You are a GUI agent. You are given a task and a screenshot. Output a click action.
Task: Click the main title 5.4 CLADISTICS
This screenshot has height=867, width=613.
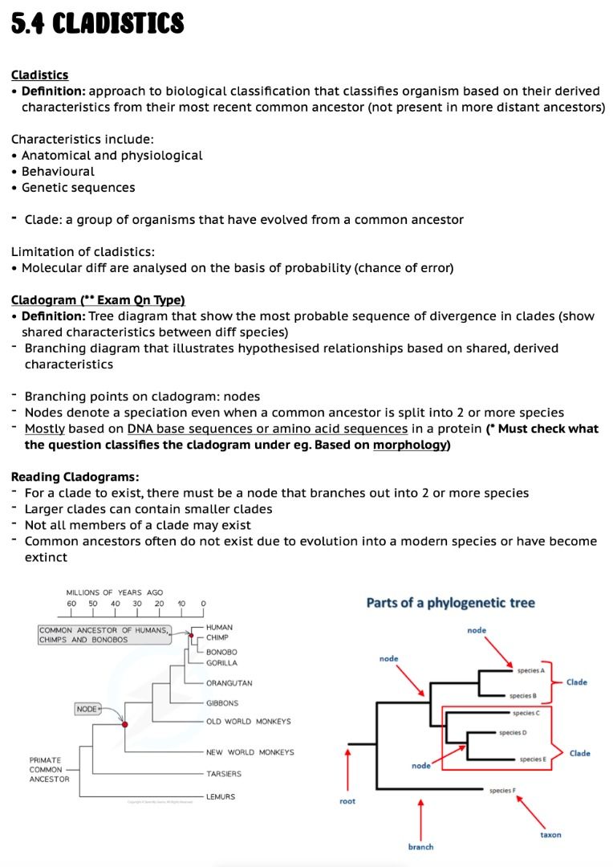[97, 24]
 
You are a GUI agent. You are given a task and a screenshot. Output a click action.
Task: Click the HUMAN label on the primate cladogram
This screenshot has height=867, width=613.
[220, 627]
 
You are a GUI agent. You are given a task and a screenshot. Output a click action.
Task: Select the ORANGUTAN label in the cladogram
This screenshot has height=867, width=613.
[229, 683]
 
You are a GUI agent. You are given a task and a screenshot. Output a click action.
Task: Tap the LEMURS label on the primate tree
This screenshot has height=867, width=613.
[221, 796]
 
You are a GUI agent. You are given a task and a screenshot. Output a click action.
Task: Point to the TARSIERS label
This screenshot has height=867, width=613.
[224, 774]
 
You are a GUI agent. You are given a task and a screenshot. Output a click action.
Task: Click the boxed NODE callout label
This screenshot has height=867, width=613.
[87, 710]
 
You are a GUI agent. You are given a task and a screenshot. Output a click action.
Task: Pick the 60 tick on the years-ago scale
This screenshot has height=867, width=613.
[71, 603]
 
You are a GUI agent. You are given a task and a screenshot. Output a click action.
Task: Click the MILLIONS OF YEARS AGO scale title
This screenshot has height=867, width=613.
[115, 592]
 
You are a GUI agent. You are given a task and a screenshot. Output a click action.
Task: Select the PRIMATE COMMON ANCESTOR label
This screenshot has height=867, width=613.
[50, 769]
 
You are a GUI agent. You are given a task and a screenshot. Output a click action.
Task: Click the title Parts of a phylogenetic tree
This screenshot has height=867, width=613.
[450, 603]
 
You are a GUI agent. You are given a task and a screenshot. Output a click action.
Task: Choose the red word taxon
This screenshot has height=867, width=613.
[550, 835]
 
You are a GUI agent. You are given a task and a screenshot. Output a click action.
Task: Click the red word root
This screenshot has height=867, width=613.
[347, 801]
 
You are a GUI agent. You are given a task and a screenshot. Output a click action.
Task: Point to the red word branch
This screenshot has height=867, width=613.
[420, 847]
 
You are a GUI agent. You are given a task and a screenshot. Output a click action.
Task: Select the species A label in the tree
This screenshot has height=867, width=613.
[530, 670]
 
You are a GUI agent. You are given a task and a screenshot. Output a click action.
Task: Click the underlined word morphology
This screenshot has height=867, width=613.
[409, 445]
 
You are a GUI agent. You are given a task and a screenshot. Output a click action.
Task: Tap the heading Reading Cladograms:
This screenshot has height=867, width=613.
[75, 477]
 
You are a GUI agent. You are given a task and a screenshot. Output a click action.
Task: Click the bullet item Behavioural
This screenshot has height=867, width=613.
[58, 171]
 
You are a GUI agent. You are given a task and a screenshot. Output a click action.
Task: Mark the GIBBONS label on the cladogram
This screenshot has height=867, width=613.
[222, 703]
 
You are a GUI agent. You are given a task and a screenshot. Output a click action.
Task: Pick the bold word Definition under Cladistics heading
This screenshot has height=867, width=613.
[55, 91]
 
